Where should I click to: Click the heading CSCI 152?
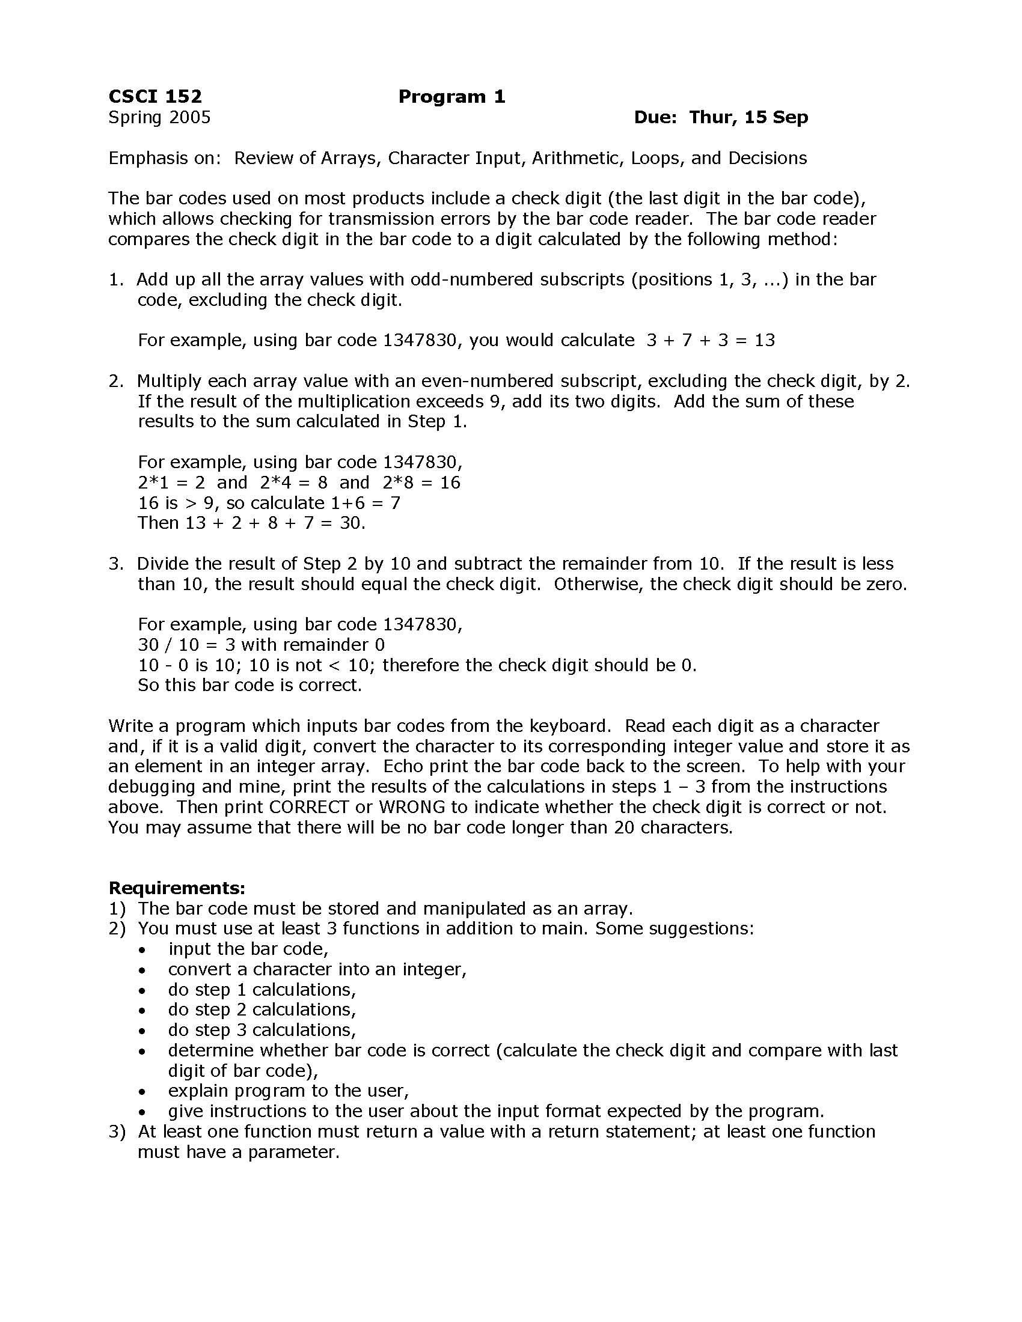coord(155,97)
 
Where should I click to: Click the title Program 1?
coord(451,97)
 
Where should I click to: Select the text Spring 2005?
coord(159,117)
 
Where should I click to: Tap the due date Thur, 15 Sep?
coord(748,117)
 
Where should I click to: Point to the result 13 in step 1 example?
coord(765,340)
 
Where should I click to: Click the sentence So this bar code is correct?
coord(249,685)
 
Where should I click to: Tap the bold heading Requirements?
coord(177,888)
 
